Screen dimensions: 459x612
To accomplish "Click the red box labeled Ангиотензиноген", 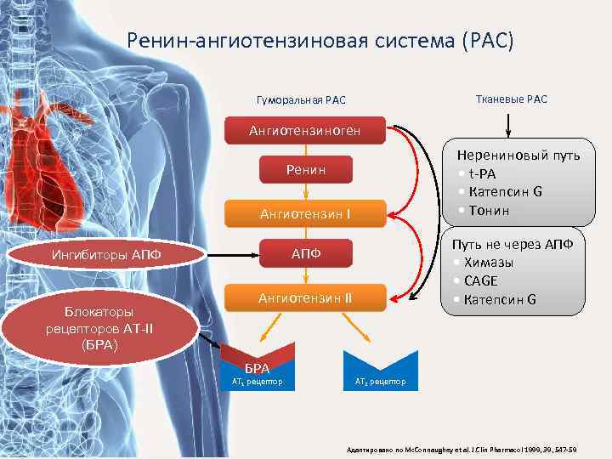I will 305,132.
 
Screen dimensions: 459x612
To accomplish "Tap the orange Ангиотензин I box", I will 305,213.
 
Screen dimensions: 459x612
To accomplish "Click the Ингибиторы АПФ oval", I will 106,254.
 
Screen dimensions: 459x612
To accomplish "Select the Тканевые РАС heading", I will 508,99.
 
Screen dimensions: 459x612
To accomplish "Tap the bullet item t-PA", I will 488,173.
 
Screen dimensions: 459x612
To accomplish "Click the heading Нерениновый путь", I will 518,156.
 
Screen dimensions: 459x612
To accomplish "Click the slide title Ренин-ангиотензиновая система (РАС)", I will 320,41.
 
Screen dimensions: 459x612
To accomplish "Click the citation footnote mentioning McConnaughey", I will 458,448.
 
